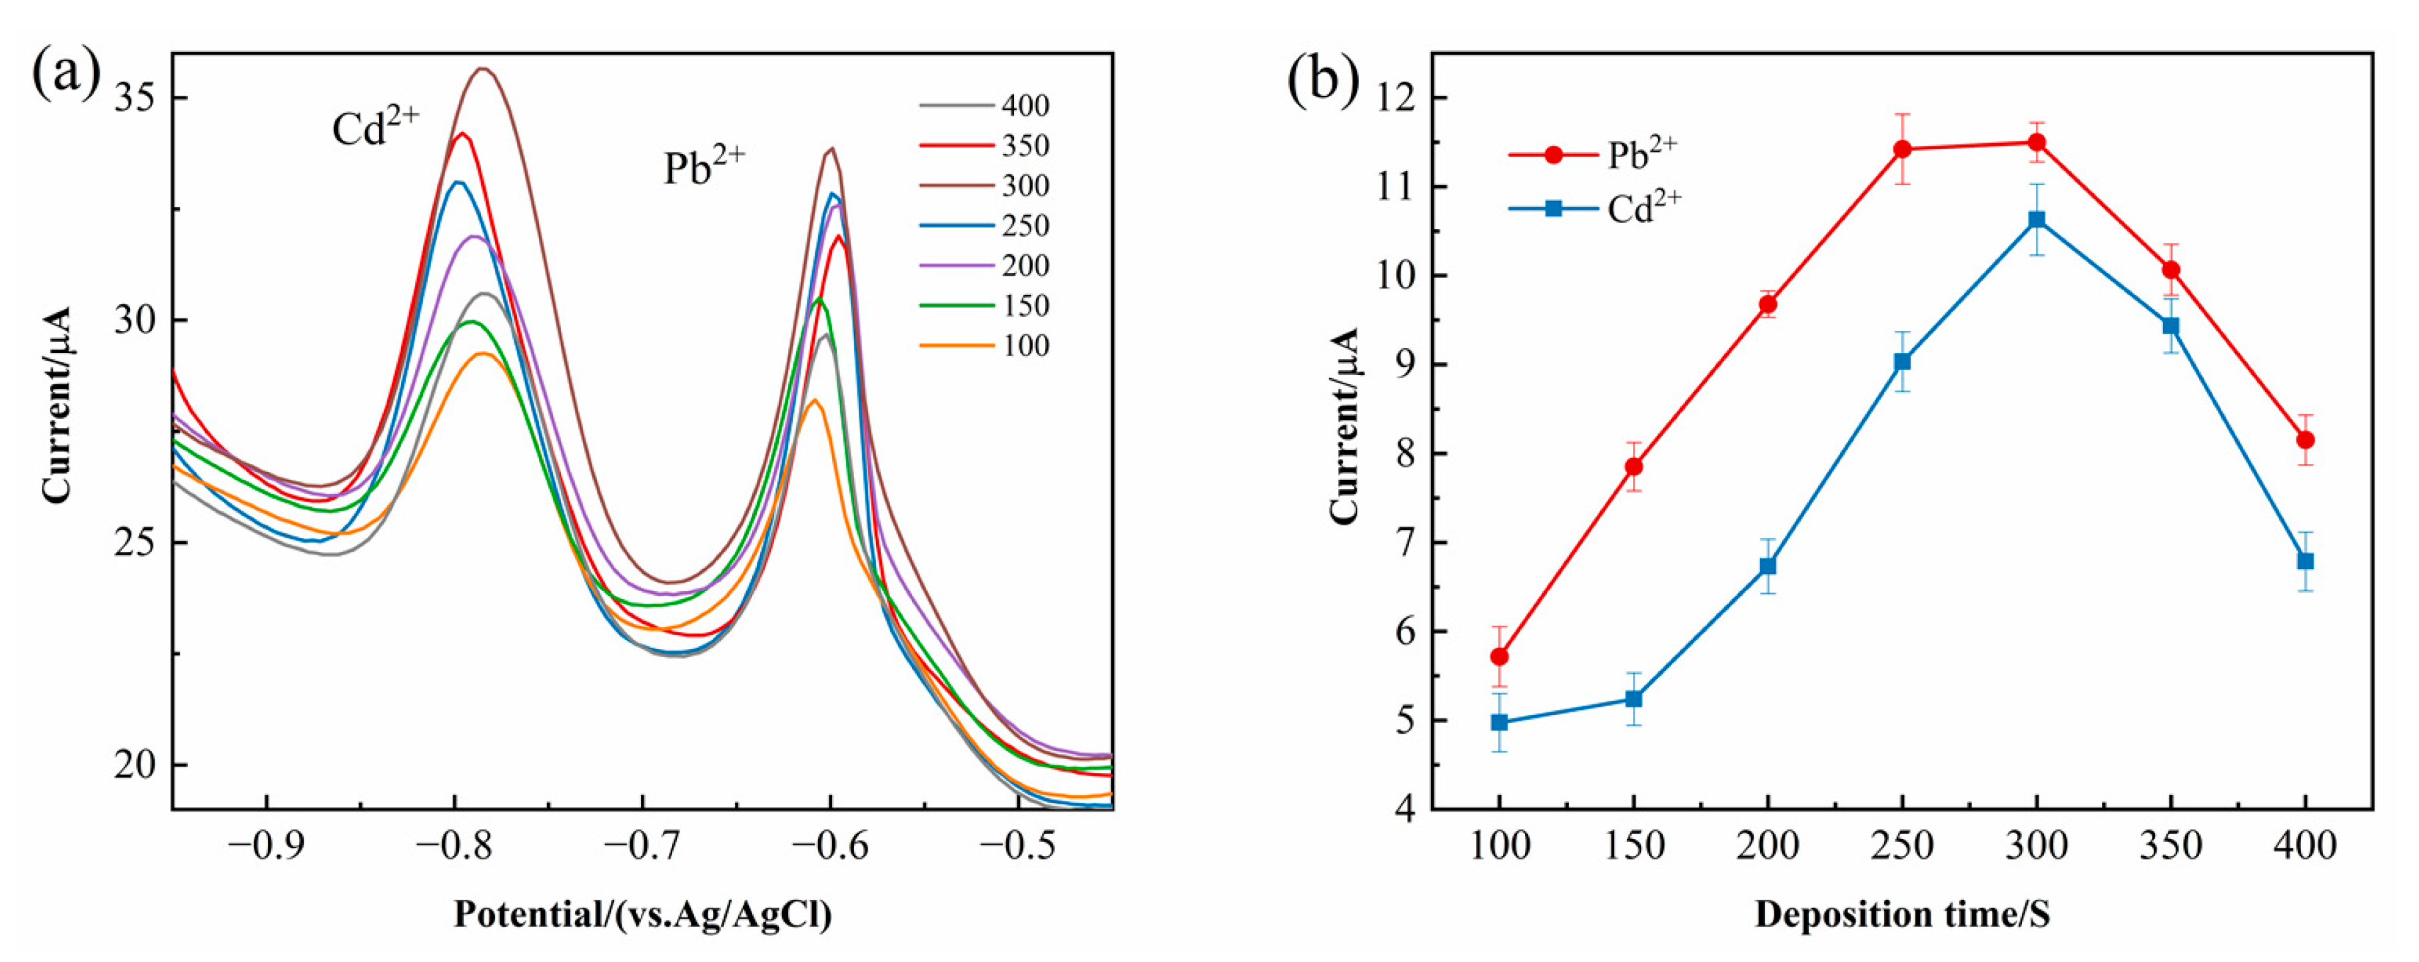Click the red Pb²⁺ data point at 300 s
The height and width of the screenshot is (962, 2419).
coord(2037,142)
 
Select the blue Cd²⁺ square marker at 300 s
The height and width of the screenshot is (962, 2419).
coord(2037,220)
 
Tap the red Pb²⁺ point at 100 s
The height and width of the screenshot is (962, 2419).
coord(1500,656)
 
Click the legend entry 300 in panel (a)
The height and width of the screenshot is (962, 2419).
coord(1025,186)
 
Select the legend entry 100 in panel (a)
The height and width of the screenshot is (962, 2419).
coord(1025,346)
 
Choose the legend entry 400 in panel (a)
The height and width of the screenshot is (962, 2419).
coord(1025,105)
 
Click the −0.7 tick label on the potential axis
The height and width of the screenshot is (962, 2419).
coord(642,845)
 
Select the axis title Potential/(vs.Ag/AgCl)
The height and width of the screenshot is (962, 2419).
coord(642,914)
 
